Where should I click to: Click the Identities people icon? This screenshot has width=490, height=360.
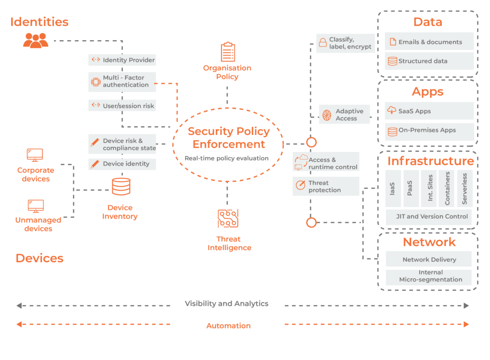tap(35, 40)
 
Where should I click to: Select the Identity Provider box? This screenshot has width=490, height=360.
tap(122, 60)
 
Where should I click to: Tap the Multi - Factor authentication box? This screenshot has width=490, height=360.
tap(122, 81)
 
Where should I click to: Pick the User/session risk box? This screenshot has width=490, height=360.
tap(122, 105)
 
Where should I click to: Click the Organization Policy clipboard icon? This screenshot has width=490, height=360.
tap(228, 52)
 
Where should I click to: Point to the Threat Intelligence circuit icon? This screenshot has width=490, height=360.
tap(228, 218)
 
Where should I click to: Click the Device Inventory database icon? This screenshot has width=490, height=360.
tap(121, 186)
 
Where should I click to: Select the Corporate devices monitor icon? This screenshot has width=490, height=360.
tap(34, 155)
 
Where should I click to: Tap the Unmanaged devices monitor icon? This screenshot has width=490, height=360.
tap(35, 206)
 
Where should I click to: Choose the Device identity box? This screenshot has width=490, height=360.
tap(122, 164)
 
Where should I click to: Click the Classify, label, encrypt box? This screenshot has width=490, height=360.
tap(345, 43)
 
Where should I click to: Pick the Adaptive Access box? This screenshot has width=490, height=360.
tap(345, 115)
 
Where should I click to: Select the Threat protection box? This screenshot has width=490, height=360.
tap(326, 186)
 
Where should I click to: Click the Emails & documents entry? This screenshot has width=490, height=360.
tap(429, 42)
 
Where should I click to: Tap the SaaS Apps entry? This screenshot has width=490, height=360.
tap(429, 111)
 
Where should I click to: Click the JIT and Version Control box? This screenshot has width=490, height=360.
tap(429, 216)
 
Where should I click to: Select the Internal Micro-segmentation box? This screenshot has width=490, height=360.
tap(429, 276)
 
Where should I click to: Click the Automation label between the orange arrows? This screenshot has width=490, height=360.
tap(228, 326)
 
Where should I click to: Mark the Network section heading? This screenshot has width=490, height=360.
tap(429, 242)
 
